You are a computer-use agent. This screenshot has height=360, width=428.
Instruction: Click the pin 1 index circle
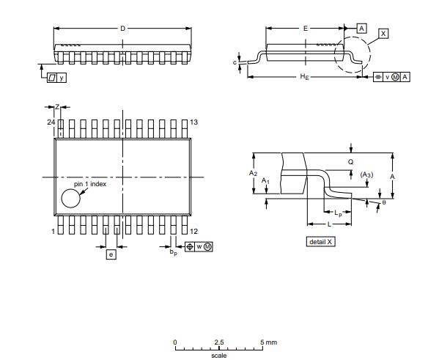pos(71,198)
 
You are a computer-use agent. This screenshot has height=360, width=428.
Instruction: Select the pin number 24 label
pos(51,122)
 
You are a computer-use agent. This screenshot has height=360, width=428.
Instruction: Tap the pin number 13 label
pos(193,122)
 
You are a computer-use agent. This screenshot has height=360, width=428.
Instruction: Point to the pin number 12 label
pos(193,231)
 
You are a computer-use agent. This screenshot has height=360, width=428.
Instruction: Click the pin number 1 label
pos(53,231)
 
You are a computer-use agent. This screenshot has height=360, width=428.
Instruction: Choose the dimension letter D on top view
pos(122,28)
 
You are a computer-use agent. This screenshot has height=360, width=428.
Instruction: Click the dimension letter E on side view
pos(305,28)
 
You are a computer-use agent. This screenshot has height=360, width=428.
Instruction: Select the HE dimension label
pos(304,76)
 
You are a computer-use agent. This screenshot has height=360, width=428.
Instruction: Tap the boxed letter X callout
pos(384,34)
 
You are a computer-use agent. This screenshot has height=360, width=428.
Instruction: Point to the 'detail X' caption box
pos(320,241)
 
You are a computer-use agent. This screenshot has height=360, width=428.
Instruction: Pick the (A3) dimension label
pos(367,174)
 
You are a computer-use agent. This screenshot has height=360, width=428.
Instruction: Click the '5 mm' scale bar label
pos(269,342)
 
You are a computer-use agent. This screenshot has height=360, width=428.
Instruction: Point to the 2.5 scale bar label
pos(219,342)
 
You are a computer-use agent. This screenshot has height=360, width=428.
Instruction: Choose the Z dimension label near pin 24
pos(57,107)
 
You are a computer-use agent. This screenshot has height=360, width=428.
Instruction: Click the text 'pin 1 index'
pos(90,184)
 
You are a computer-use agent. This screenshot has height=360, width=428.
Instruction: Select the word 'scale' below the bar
pos(219,356)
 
